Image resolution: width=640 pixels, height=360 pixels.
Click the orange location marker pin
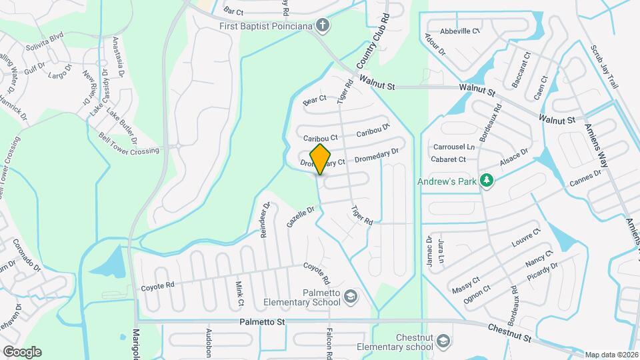click(321, 159)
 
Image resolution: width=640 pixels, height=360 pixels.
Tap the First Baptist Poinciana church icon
click(322, 26)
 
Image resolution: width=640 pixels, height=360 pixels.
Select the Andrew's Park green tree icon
click(487, 181)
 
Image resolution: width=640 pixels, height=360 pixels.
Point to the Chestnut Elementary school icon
click(442, 342)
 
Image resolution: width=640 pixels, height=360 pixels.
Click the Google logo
click(21, 352)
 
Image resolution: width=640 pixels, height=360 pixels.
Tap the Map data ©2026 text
click(611, 355)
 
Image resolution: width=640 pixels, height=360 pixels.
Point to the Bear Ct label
click(315, 100)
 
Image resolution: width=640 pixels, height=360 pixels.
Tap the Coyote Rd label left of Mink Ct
click(157, 286)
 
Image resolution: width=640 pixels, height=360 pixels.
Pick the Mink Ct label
click(240, 293)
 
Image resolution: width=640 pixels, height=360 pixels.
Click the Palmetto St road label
click(263, 322)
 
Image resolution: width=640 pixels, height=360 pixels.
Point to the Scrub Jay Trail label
click(605, 67)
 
